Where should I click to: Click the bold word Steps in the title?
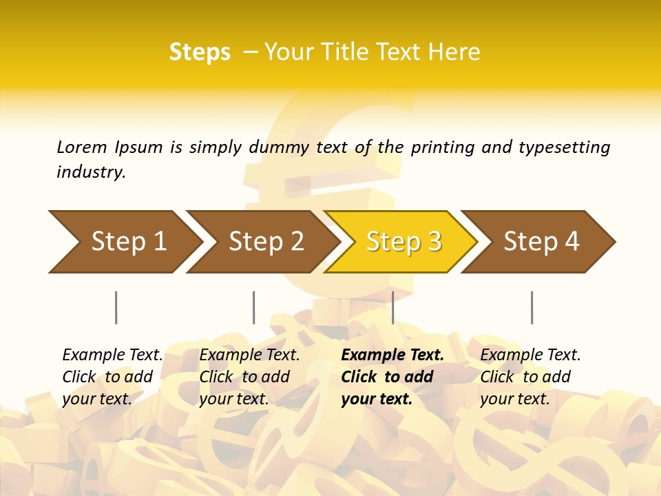pos(200,52)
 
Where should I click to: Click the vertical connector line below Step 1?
pos(116,307)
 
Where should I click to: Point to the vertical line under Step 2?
pos(254,307)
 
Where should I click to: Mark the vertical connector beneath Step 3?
pos(392,307)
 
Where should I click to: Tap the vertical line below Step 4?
pos(532,307)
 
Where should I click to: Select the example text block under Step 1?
pos(112,377)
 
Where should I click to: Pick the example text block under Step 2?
pos(249,377)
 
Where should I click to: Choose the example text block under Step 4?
pos(530,377)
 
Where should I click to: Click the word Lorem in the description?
pos(81,147)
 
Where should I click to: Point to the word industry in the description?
pos(91,172)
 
